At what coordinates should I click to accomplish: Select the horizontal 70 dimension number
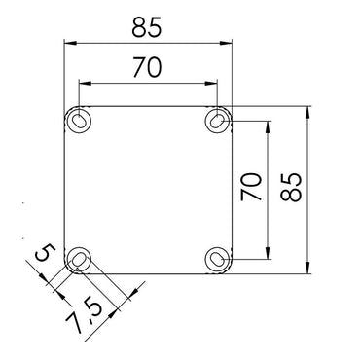147,68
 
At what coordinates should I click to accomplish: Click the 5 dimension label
40,255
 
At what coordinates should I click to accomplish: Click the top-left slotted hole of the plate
77,120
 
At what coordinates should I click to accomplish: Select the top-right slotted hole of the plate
219,120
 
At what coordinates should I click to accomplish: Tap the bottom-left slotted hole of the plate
77,260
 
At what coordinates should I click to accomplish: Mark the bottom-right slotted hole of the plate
219,260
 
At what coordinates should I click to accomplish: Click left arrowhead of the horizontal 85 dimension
69,43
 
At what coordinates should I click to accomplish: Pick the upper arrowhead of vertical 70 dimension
268,126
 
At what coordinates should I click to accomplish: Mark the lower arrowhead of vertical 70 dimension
268,254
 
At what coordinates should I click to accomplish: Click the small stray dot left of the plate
21,201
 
